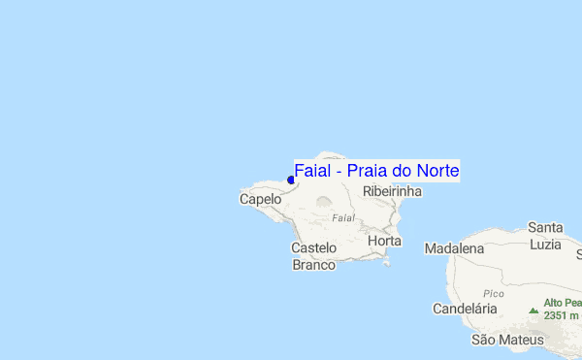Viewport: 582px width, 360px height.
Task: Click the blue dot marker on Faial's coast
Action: click(x=291, y=180)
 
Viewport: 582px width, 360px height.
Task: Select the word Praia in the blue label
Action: click(x=368, y=171)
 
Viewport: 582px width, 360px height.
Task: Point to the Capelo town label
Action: click(x=260, y=199)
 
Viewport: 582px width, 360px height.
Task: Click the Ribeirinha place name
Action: click(x=392, y=192)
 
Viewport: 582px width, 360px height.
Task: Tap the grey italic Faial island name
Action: click(x=343, y=217)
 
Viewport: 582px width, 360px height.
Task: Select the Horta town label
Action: click(x=384, y=240)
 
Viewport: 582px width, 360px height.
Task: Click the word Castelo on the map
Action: click(x=314, y=248)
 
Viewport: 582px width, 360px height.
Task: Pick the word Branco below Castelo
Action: click(x=314, y=264)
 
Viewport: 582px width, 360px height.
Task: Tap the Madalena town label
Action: click(x=454, y=248)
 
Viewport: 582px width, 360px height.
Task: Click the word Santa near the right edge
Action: click(x=546, y=227)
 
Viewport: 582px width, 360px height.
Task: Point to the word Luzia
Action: click(x=546, y=244)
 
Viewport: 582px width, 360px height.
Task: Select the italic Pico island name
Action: click(x=493, y=292)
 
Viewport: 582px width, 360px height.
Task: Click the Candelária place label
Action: click(x=464, y=309)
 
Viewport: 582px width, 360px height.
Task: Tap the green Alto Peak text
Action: click(x=562, y=303)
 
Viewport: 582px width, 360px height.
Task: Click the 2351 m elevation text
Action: click(x=562, y=315)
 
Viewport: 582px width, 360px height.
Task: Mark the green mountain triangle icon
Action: click(x=533, y=311)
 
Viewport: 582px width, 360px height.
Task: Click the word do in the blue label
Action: click(x=402, y=171)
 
